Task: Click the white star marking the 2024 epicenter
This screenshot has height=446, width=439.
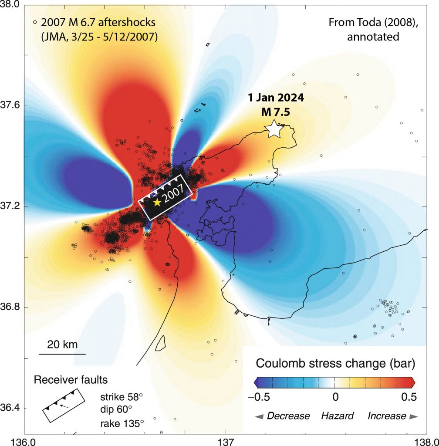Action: [274, 129]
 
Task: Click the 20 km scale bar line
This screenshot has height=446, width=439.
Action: [62, 354]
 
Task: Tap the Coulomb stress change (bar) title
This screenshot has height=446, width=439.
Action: [334, 363]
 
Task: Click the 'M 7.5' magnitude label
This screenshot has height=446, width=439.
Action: [274, 111]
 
